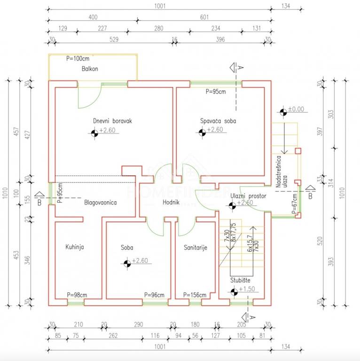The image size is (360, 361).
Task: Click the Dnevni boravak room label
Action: (112, 121)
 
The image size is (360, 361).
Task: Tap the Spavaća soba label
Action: (218, 121)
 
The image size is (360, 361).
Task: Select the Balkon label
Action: (90, 69)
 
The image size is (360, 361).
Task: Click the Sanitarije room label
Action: (195, 247)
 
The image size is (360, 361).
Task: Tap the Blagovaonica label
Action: (100, 203)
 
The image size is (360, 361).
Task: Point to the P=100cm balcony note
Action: (78, 59)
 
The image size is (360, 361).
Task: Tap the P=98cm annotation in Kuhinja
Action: (77, 295)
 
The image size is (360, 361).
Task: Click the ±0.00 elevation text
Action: (296, 109)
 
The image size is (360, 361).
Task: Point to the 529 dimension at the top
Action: (114, 40)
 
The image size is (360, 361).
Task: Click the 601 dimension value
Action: (204, 17)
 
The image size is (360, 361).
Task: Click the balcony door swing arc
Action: (90, 99)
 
